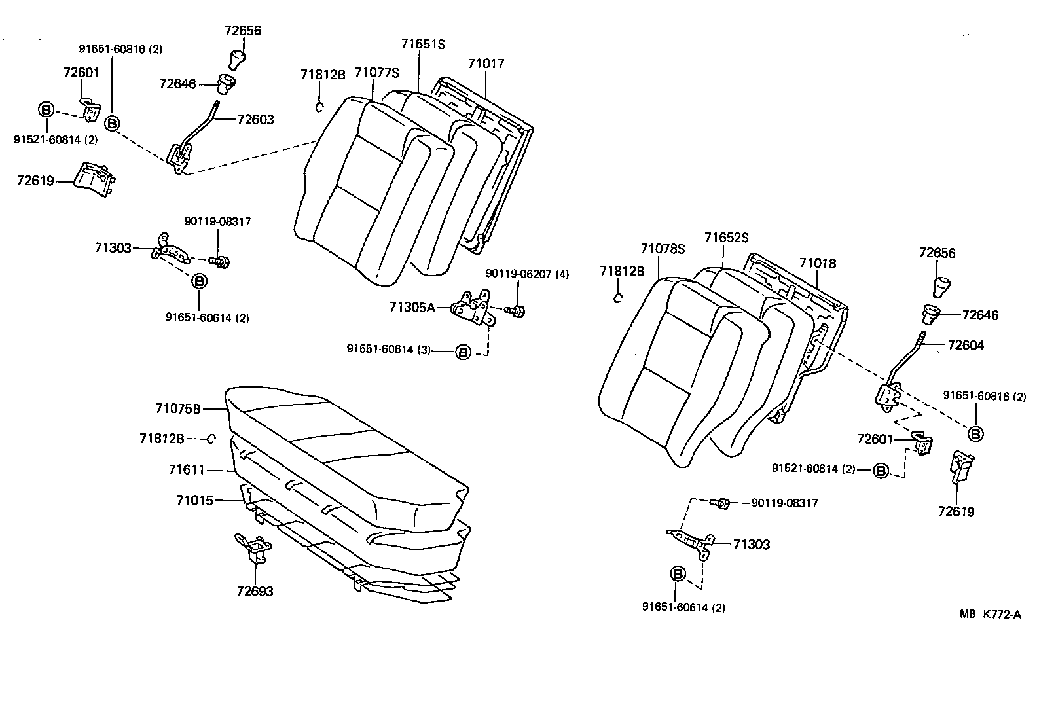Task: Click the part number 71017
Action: (x=486, y=63)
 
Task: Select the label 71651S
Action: (x=422, y=45)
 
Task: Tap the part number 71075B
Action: (x=177, y=408)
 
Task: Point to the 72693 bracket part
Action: (x=254, y=548)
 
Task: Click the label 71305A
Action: (x=412, y=307)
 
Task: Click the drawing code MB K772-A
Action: (x=990, y=614)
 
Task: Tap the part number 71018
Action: (x=817, y=263)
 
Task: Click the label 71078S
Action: (x=663, y=249)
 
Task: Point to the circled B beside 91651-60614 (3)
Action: (x=463, y=352)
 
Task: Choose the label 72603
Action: (x=255, y=119)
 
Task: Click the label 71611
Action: (x=187, y=469)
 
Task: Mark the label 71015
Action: (x=194, y=500)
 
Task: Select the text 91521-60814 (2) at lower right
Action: (x=814, y=469)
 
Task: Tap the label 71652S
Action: (x=726, y=238)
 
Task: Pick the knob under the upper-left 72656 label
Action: (x=236, y=58)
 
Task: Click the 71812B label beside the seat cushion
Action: (x=162, y=439)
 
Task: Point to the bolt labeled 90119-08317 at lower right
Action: (x=720, y=503)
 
